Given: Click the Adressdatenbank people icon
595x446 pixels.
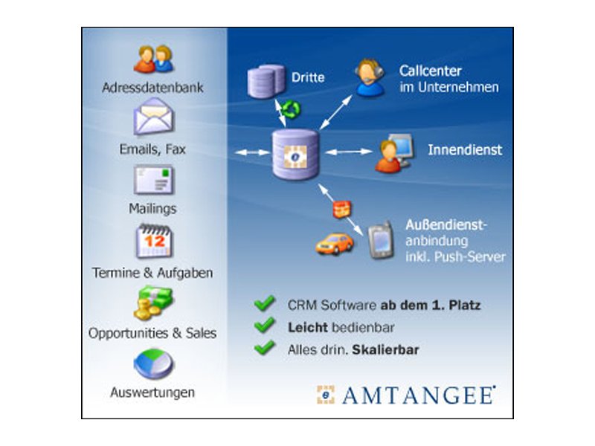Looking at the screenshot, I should coord(152,59).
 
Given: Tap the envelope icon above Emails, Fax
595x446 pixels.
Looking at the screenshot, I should coord(152,118).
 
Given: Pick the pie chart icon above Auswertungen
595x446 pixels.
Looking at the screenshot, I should coord(153,364).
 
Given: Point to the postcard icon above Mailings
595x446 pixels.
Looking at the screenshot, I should coord(153,181).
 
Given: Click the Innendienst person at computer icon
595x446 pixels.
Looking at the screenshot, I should coord(392,152).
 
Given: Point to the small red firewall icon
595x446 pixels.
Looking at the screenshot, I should coord(341,208).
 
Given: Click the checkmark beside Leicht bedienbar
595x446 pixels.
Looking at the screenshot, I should coord(264,326).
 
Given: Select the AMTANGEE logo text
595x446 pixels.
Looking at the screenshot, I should coord(417,395).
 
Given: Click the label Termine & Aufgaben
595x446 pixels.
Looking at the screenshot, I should coord(152,273).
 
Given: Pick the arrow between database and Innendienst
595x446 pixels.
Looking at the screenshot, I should coord(347,152).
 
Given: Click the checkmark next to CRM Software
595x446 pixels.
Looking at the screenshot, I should coord(264,303).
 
